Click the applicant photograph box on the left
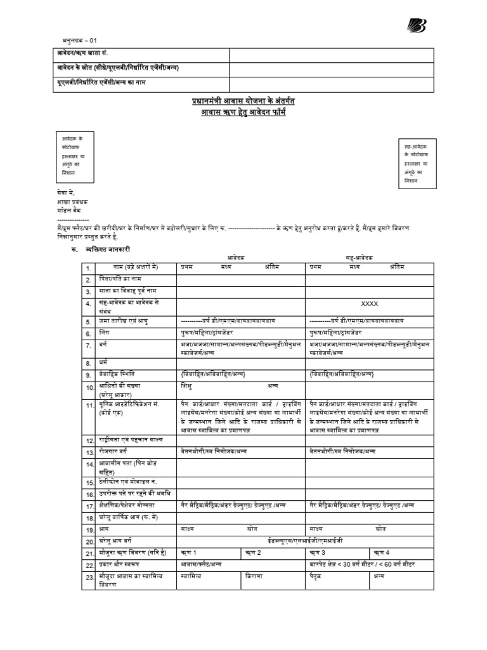(75, 156)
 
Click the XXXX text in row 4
(368, 304)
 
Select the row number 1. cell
(89, 268)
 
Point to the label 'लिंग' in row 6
(103, 333)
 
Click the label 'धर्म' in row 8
(103, 362)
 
